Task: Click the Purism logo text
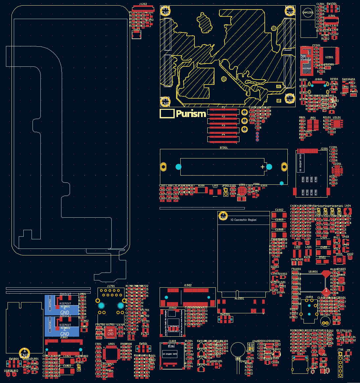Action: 191,114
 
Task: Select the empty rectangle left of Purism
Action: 167,113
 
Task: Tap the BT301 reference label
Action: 224,148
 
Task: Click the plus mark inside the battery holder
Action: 262,167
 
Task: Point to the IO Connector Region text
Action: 243,220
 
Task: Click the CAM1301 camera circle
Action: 308,13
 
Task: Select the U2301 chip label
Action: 329,57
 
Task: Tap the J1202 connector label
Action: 143,4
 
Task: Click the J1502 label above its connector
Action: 188,285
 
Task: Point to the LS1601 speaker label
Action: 313,272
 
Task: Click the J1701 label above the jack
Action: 111,286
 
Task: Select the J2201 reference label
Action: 324,149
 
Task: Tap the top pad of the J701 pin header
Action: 340,354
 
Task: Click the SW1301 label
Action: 331,4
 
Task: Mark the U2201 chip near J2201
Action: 337,170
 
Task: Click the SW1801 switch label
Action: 14,359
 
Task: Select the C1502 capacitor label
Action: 279,210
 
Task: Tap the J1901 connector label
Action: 319,79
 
